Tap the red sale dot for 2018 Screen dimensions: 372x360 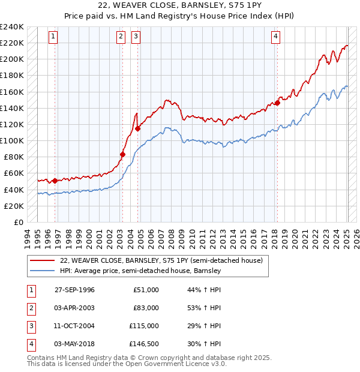pyautogui.click(x=277, y=103)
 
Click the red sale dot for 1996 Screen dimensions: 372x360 pyautogui.click(x=55, y=180)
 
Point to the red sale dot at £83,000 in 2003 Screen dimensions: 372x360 pyautogui.click(x=122, y=154)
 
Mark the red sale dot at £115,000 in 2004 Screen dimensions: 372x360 pyautogui.click(x=138, y=128)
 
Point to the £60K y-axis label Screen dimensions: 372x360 pyautogui.click(x=13, y=173)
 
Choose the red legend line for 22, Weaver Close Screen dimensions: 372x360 pyautogui.click(x=42, y=261)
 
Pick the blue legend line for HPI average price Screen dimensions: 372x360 pyautogui.click(x=42, y=271)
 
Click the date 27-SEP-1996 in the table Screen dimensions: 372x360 pyautogui.click(x=74, y=290)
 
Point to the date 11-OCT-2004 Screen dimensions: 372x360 pyautogui.click(x=74, y=326)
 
